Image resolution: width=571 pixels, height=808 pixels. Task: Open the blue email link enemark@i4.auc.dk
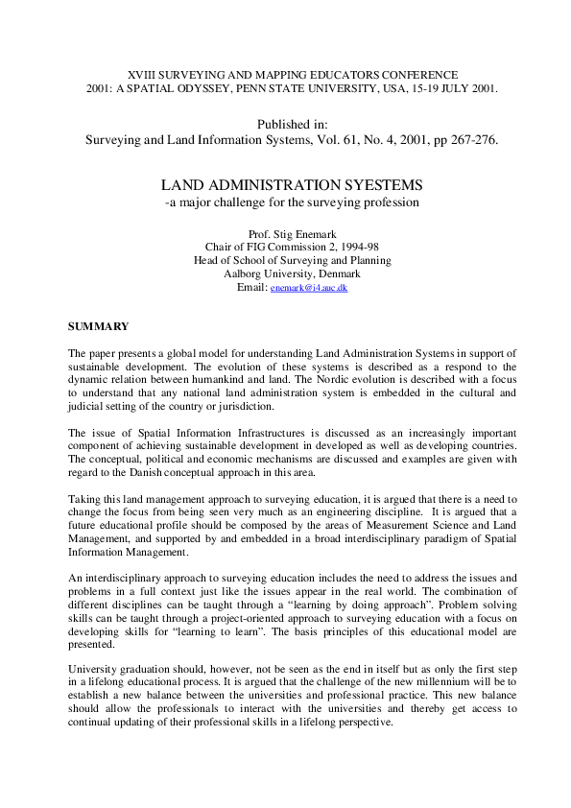coord(309,287)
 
